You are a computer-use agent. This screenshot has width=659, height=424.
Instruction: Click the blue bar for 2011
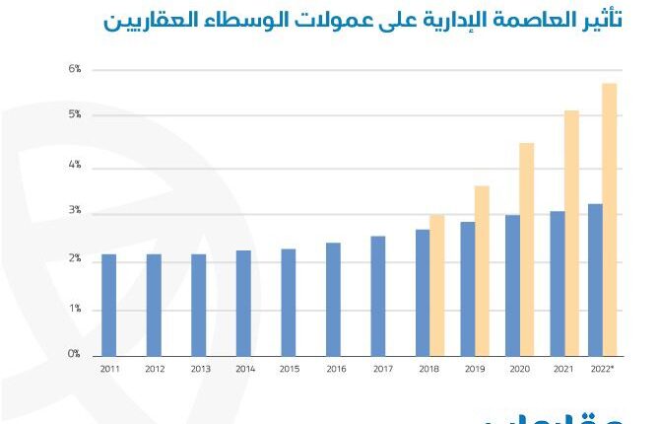[108, 305]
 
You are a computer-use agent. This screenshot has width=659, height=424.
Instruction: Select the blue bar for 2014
[243, 303]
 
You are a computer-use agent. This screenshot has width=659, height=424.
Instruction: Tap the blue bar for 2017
[378, 296]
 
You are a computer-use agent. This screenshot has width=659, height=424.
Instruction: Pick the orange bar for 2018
[436, 285]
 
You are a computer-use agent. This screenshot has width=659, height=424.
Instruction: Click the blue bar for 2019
[468, 288]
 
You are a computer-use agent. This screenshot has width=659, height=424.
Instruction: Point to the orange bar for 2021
[571, 233]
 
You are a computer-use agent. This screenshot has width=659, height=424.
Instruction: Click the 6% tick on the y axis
[74, 69]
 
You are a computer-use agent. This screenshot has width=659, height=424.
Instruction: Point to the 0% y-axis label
[74, 354]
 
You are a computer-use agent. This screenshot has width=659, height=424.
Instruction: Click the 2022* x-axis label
[602, 369]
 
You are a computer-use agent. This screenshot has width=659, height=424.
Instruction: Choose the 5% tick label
[74, 115]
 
